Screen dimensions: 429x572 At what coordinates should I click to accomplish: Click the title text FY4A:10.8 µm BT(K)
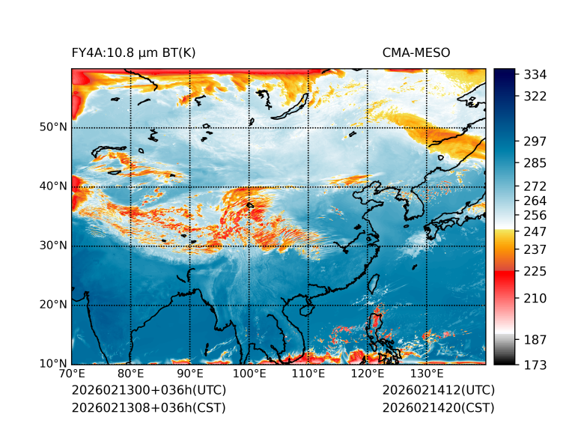(133, 52)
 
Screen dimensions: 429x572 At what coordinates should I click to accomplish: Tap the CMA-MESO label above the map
(416, 52)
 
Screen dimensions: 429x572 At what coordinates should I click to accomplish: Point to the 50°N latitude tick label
(53, 127)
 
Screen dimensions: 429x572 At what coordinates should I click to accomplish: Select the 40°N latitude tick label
(53, 186)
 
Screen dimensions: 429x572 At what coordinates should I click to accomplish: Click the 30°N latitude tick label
(53, 246)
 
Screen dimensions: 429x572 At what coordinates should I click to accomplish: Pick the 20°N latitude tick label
(53, 305)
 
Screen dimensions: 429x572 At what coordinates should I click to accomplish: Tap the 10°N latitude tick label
(53, 364)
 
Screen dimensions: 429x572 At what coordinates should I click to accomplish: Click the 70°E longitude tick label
(72, 374)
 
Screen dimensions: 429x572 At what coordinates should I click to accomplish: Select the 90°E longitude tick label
(190, 374)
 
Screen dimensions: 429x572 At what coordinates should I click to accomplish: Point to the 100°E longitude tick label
(249, 374)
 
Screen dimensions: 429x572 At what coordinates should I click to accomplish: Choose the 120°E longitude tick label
(368, 374)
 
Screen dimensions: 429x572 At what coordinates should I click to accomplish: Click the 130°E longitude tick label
(427, 374)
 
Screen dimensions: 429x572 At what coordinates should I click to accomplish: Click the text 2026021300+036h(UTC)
(148, 391)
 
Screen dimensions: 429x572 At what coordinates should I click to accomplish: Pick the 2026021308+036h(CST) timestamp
(148, 408)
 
